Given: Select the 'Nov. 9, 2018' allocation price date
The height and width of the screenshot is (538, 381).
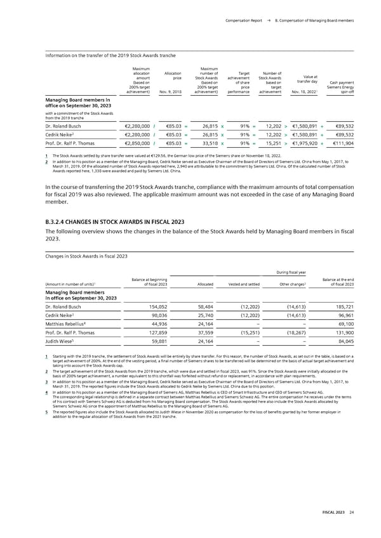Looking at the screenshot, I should [170, 91].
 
